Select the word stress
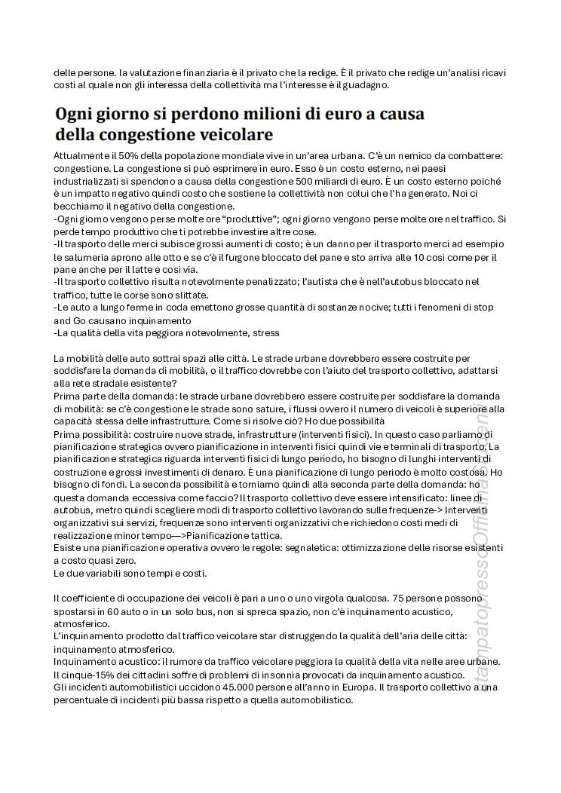click(x=266, y=332)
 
